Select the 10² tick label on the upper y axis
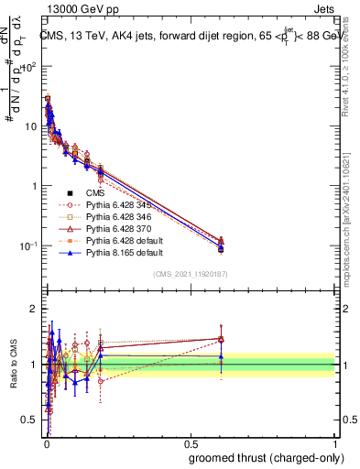click(x=31, y=67)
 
